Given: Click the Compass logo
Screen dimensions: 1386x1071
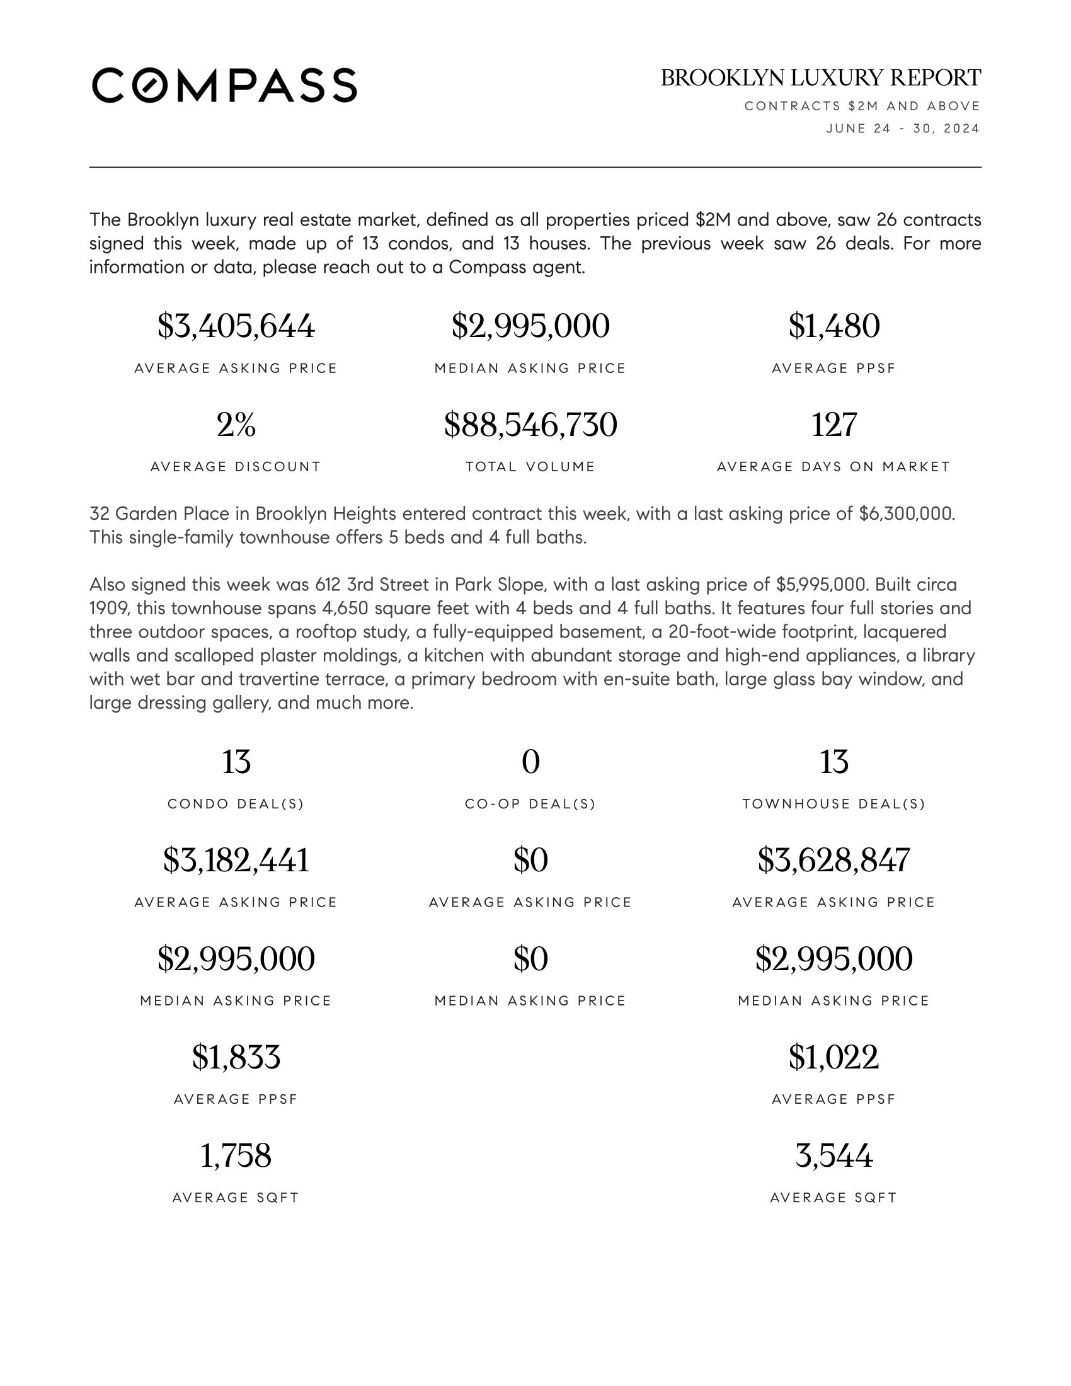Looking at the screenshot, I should (x=224, y=85).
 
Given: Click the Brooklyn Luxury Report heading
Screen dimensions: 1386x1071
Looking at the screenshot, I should (x=820, y=78).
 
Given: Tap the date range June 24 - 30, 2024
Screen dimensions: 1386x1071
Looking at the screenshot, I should (x=902, y=129).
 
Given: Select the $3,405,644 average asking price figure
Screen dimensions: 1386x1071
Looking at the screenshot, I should (x=236, y=326).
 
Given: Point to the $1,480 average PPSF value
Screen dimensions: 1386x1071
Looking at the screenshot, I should (x=833, y=326).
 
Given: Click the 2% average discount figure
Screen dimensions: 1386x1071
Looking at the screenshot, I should (x=236, y=425).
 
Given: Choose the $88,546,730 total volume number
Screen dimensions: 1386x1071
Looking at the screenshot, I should (x=530, y=425).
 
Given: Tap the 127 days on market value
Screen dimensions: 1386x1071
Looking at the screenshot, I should (x=833, y=425).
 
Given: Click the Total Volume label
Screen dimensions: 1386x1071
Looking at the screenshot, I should (x=530, y=467).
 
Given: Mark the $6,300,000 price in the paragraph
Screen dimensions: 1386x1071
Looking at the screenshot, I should (x=906, y=513).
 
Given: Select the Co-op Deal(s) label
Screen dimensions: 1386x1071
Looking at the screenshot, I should (x=530, y=804).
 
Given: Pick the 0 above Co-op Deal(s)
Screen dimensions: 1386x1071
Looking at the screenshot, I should (x=530, y=762).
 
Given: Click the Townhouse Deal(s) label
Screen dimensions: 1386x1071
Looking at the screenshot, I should (x=833, y=804).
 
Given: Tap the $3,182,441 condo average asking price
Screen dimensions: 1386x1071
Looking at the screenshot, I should (x=236, y=861).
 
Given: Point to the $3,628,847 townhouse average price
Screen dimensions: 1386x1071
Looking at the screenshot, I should (x=833, y=861).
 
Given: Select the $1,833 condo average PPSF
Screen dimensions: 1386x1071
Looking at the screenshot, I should (x=236, y=1057).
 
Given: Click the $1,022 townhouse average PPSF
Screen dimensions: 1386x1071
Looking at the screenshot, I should (x=833, y=1057).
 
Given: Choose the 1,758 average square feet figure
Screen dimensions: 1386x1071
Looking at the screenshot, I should (x=236, y=1155).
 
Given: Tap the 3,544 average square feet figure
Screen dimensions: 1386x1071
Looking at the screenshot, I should (x=833, y=1155).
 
